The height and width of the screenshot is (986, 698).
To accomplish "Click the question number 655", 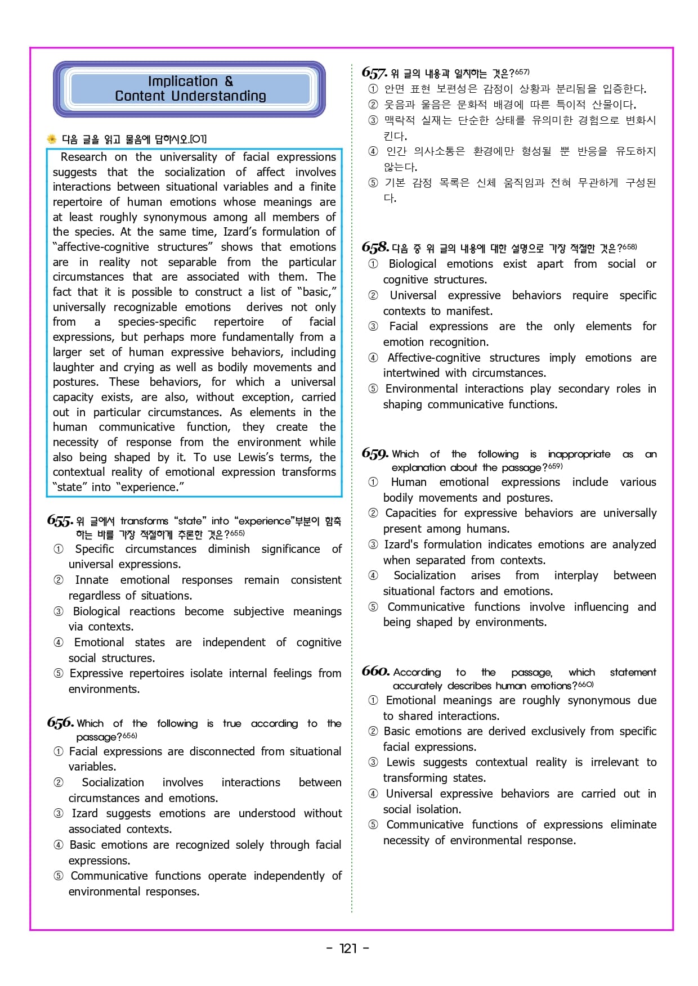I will (x=60, y=521).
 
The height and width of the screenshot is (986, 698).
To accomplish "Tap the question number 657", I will (x=374, y=73).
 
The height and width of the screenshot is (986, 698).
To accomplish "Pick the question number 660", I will (x=375, y=672).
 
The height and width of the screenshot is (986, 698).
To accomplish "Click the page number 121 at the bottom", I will (x=348, y=948).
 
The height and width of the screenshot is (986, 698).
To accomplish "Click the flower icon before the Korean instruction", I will (x=52, y=139).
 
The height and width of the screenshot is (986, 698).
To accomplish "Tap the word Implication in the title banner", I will (x=182, y=82).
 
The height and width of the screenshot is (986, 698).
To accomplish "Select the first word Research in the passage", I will (x=83, y=157).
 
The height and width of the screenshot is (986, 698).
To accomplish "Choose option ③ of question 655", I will (x=59, y=611).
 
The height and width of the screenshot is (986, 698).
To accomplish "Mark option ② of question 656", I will (x=59, y=782).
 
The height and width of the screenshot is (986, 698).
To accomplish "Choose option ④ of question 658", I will (x=373, y=358).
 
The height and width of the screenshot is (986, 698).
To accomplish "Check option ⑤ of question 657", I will (x=373, y=183).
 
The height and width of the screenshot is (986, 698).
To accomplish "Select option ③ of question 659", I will (x=373, y=544).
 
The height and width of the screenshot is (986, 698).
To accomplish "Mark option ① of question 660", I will (x=373, y=700).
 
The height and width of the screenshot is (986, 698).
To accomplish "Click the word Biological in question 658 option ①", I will (x=413, y=264).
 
